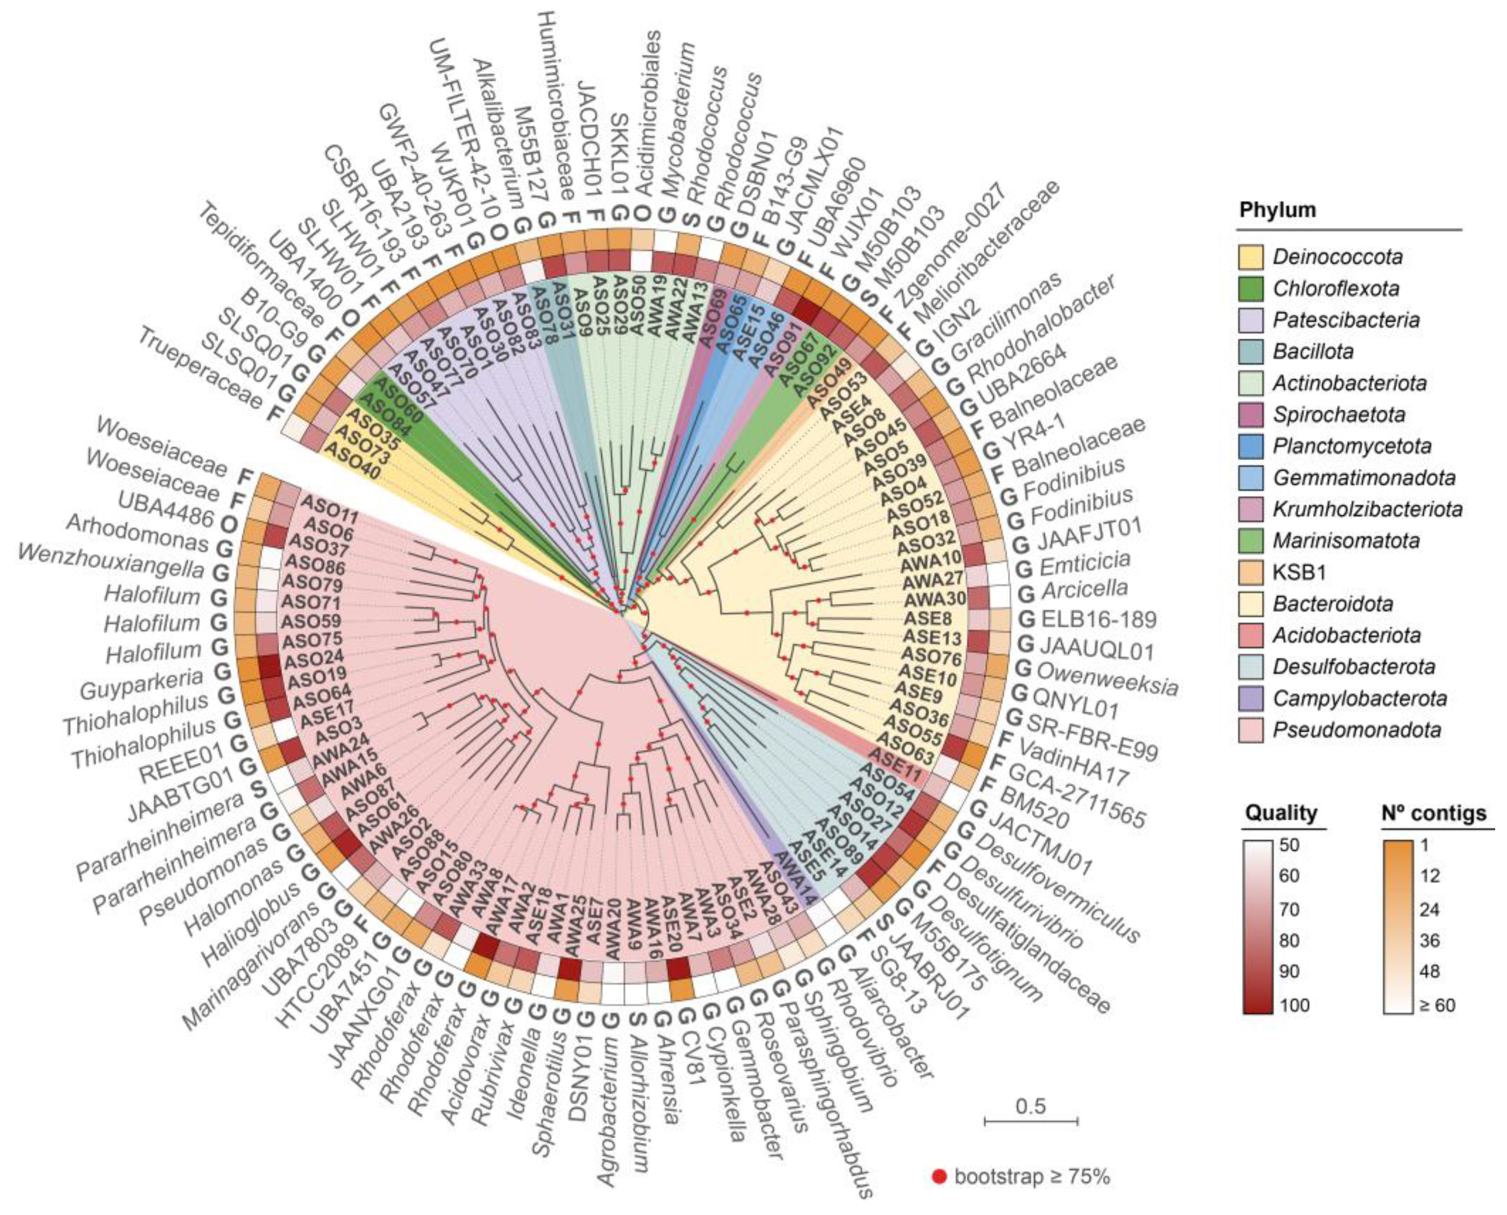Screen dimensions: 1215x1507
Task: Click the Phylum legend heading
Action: [1278, 209]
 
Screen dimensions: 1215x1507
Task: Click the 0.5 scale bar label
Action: [1031, 1106]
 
